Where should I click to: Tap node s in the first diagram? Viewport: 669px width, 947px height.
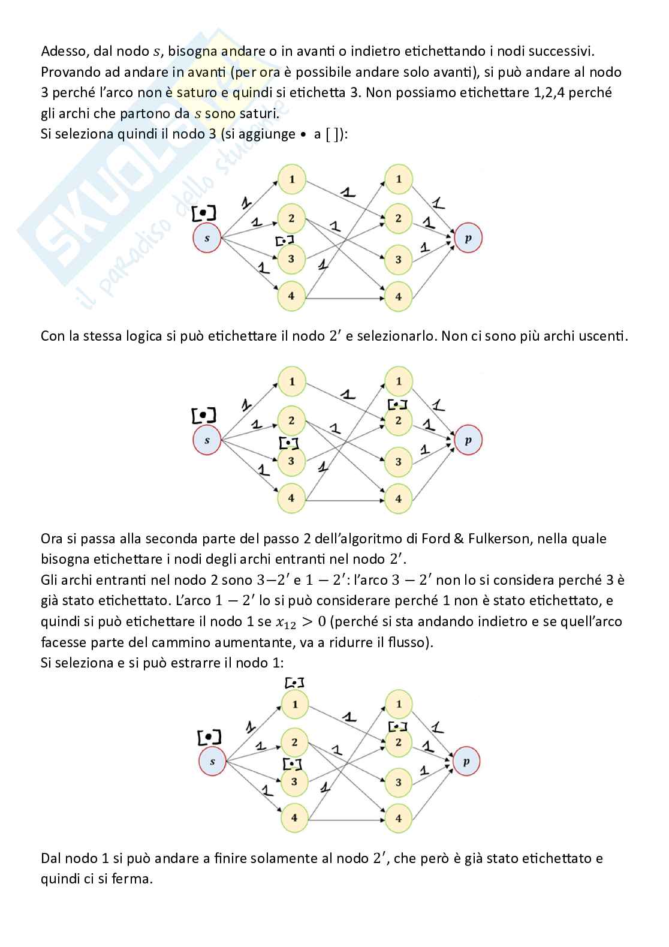[207, 238]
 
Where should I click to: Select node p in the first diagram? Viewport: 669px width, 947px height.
[468, 238]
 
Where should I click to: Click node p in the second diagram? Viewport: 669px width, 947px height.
[468, 440]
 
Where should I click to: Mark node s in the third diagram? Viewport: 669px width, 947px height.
[212, 762]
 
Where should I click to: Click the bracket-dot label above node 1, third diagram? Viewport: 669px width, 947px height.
[294, 683]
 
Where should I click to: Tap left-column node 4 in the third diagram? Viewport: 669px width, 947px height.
[294, 817]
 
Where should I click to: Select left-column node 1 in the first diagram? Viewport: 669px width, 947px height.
[292, 179]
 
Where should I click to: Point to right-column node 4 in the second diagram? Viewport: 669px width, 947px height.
[398, 498]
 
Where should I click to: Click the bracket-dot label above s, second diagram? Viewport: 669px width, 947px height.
[204, 414]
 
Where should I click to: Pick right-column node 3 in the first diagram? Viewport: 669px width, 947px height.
[398, 260]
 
